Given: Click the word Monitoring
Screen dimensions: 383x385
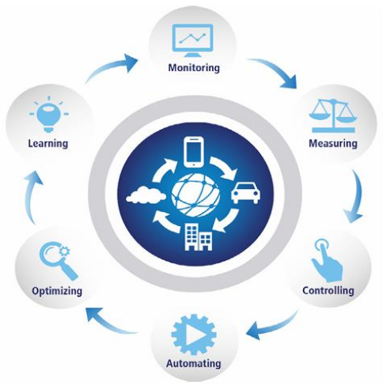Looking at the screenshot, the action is coord(194,68).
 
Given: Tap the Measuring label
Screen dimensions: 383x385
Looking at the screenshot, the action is coord(333,144).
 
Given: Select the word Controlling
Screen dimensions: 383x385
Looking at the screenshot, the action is coord(328,290).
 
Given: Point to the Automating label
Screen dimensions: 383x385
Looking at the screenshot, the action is coord(194,364).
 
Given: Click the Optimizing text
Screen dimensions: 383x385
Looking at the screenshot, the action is coord(57,291).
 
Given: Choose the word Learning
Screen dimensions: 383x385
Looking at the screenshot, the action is coord(48,144).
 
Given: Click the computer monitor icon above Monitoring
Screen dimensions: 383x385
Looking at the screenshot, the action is coord(192,40).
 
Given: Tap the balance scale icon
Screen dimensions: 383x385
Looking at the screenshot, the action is coord(333,115).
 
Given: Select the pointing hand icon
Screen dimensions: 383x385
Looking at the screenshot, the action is coord(327,260).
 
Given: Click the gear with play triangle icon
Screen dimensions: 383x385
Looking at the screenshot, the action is coord(194,334).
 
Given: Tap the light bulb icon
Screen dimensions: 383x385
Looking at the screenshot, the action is coord(49,115).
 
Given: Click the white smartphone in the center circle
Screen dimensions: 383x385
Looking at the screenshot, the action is coord(195,152).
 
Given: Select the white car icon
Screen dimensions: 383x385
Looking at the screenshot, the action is coord(246,194).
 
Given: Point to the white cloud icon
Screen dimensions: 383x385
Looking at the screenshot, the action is coord(146,195).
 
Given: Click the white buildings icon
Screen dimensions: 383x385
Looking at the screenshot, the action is coord(199,237).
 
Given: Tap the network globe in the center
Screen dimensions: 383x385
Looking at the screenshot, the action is coord(195,195).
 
